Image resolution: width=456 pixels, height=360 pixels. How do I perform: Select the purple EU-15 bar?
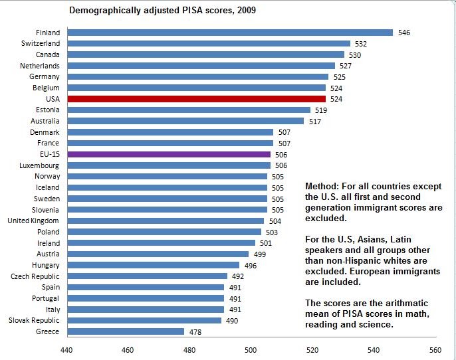(169, 154)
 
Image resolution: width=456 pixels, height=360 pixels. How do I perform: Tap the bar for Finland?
(230, 32)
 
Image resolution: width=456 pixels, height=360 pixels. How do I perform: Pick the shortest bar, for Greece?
(126, 331)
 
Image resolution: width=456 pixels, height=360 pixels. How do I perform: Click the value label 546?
(403, 33)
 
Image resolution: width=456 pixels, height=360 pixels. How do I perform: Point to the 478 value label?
(195, 331)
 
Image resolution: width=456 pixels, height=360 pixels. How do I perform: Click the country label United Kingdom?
(33, 221)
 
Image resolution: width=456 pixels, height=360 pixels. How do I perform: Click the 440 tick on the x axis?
(66, 350)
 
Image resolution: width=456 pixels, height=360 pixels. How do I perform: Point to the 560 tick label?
(435, 350)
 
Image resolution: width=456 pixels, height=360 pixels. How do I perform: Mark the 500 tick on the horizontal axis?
(251, 350)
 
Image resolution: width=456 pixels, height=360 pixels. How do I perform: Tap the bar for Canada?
(206, 54)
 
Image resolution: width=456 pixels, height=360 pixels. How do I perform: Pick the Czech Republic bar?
(147, 276)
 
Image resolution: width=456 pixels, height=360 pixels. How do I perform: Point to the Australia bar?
(185, 121)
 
